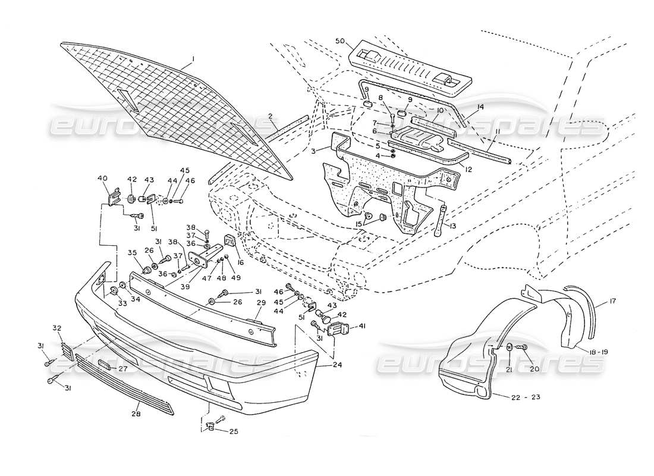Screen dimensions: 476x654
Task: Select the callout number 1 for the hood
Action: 193,59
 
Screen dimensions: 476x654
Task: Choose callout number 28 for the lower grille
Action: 137,413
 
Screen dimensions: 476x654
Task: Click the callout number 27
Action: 123,369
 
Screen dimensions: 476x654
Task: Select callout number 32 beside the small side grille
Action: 57,328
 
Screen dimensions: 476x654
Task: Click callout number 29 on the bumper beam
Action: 259,303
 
